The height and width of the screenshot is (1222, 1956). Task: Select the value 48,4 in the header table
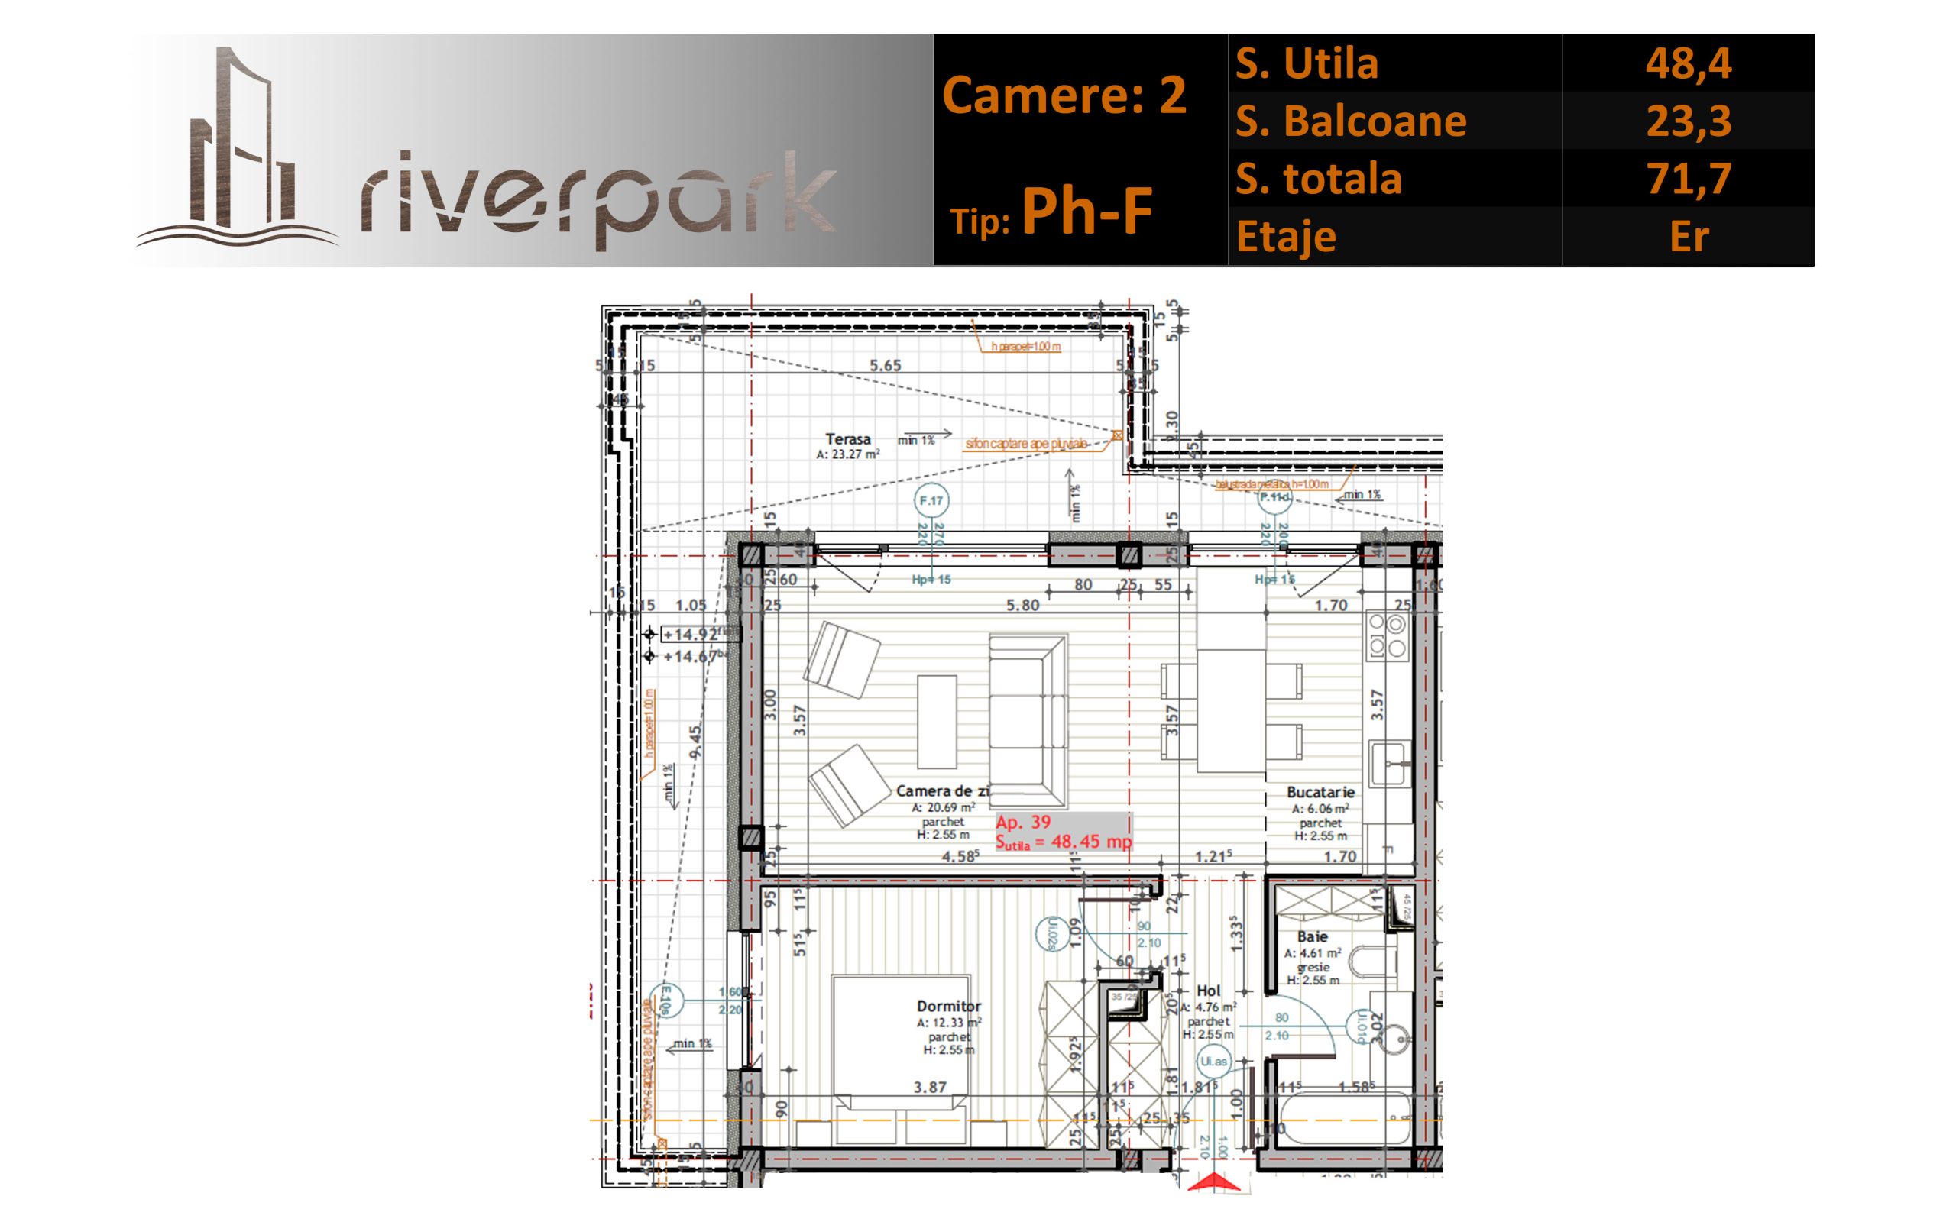pos(1688,63)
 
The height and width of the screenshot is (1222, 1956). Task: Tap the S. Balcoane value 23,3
pos(1688,121)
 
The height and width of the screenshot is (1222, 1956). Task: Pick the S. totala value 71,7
pos(1688,179)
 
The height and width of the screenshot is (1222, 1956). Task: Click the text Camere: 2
pos(1064,95)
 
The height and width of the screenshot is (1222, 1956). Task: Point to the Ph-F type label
pos(1086,212)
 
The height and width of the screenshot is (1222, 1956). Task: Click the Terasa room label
pos(848,440)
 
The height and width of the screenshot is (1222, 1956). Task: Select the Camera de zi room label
pos(942,791)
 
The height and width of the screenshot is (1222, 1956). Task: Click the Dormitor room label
pos(949,1006)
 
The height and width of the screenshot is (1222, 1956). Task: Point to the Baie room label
pos(1312,936)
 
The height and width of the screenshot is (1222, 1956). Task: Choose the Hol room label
pos(1208,991)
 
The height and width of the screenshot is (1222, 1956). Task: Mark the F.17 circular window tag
pos(931,501)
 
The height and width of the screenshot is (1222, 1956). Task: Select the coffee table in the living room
pos(937,722)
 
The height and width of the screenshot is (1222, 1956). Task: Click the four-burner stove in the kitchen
pos(1387,635)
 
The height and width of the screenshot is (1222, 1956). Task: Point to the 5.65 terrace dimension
pos(885,366)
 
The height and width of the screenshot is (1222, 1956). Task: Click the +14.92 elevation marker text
pos(689,635)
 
